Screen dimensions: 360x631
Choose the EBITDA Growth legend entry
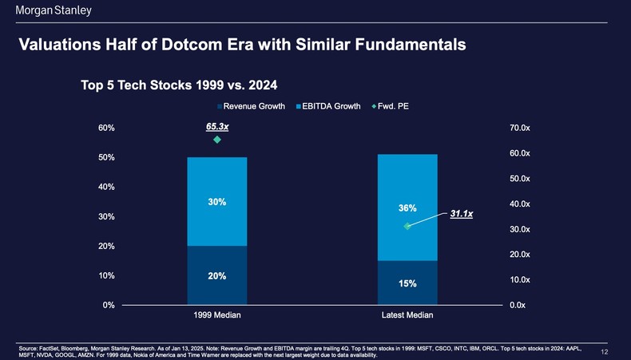point(328,106)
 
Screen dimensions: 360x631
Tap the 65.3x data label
point(217,126)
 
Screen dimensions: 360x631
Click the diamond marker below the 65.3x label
point(217,140)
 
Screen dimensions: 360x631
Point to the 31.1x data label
point(462,214)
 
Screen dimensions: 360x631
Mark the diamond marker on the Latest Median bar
point(407,227)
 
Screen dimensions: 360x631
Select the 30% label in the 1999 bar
point(217,202)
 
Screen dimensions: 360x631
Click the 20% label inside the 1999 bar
point(217,276)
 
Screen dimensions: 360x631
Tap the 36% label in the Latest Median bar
point(407,208)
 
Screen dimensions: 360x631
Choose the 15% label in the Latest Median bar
point(407,283)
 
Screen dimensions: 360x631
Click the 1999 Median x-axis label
point(217,315)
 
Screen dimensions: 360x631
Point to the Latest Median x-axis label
point(407,315)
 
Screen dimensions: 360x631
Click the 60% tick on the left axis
point(107,128)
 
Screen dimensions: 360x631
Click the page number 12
point(605,351)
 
